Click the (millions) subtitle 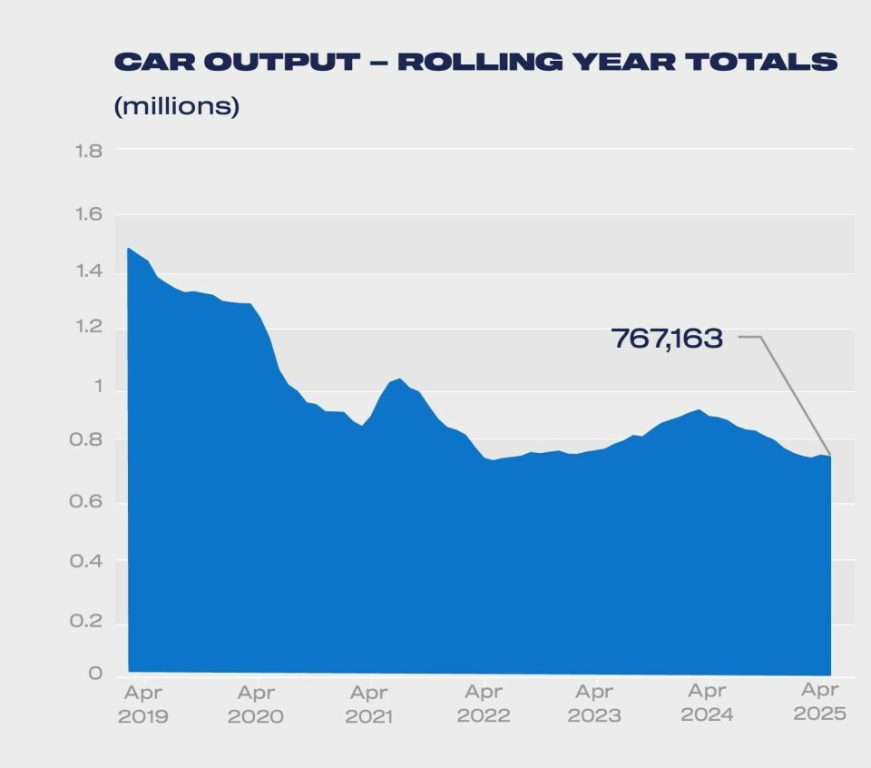(x=176, y=106)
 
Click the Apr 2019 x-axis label (x=143, y=704)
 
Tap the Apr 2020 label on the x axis (x=257, y=704)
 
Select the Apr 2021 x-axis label (x=368, y=704)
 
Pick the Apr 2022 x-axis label (x=483, y=704)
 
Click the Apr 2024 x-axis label (x=706, y=704)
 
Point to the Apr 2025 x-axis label (x=819, y=703)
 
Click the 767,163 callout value (x=667, y=339)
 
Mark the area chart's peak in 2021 (x=399, y=379)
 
